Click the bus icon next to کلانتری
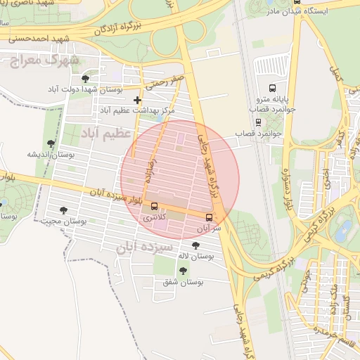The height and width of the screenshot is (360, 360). [x=155, y=207]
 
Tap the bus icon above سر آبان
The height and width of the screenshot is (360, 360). [x=210, y=217]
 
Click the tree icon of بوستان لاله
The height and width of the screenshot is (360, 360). [x=195, y=245]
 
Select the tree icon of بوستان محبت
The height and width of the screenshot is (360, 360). [x=64, y=210]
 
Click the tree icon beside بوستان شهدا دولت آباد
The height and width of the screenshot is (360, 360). [x=85, y=79]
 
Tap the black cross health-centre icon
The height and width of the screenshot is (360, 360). [x=137, y=101]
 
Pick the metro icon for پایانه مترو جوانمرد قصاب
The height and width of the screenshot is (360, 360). [x=273, y=67]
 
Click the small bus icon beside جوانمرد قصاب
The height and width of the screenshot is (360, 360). [x=258, y=120]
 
